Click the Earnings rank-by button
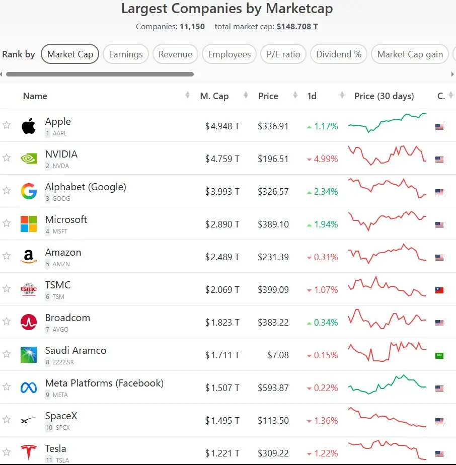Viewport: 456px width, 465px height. pos(126,54)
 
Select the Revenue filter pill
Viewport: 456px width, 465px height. pos(175,54)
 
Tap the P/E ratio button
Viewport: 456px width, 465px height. pos(283,54)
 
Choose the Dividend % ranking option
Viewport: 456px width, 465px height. pos(339,54)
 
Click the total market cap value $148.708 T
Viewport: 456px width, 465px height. pos(297,27)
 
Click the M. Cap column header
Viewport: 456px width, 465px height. pos(214,96)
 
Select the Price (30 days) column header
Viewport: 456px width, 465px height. pos(384,96)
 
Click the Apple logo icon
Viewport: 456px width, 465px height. pos(29,126)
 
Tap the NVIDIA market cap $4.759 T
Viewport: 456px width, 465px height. pos(222,159)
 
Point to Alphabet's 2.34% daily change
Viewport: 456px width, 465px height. pos(323,192)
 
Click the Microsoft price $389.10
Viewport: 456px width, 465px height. pos(273,224)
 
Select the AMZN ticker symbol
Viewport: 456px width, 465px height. pos(61,264)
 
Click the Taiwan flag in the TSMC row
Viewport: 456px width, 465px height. pos(439,290)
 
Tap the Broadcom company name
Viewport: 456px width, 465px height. pos(67,318)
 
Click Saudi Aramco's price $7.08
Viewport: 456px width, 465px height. pos(278,355)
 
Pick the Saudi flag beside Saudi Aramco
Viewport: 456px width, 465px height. pos(439,356)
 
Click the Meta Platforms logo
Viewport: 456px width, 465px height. pos(29,387)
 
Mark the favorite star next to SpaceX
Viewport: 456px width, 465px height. pos(7,419)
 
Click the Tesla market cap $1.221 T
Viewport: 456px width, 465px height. pos(222,453)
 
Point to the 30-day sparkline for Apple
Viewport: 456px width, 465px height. pos(387,122)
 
